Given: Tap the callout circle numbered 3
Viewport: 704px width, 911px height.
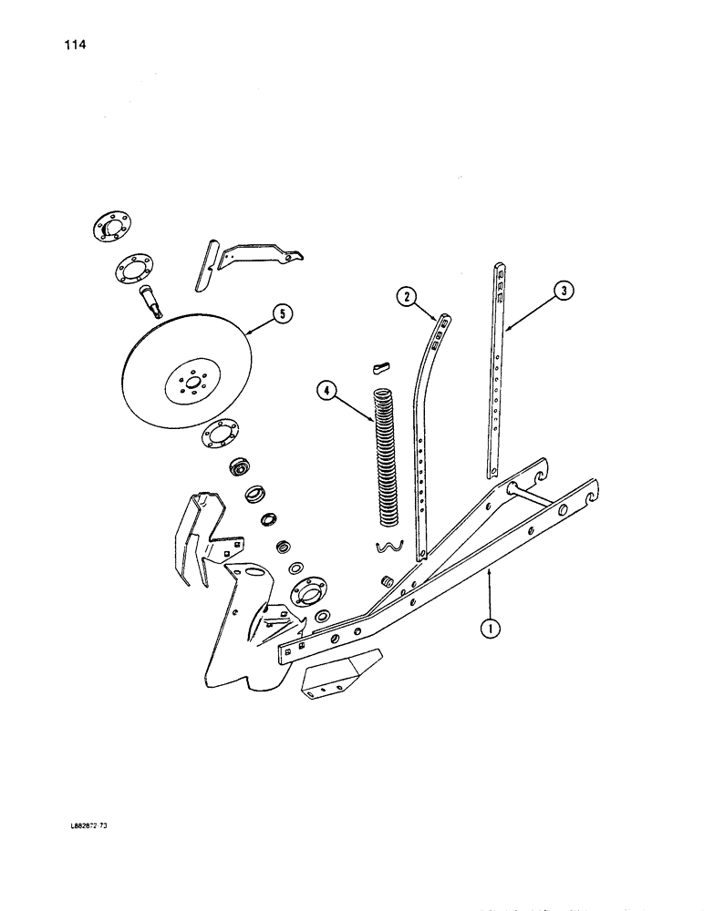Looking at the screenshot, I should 564,292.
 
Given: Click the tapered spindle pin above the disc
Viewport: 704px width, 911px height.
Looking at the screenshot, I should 151,298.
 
